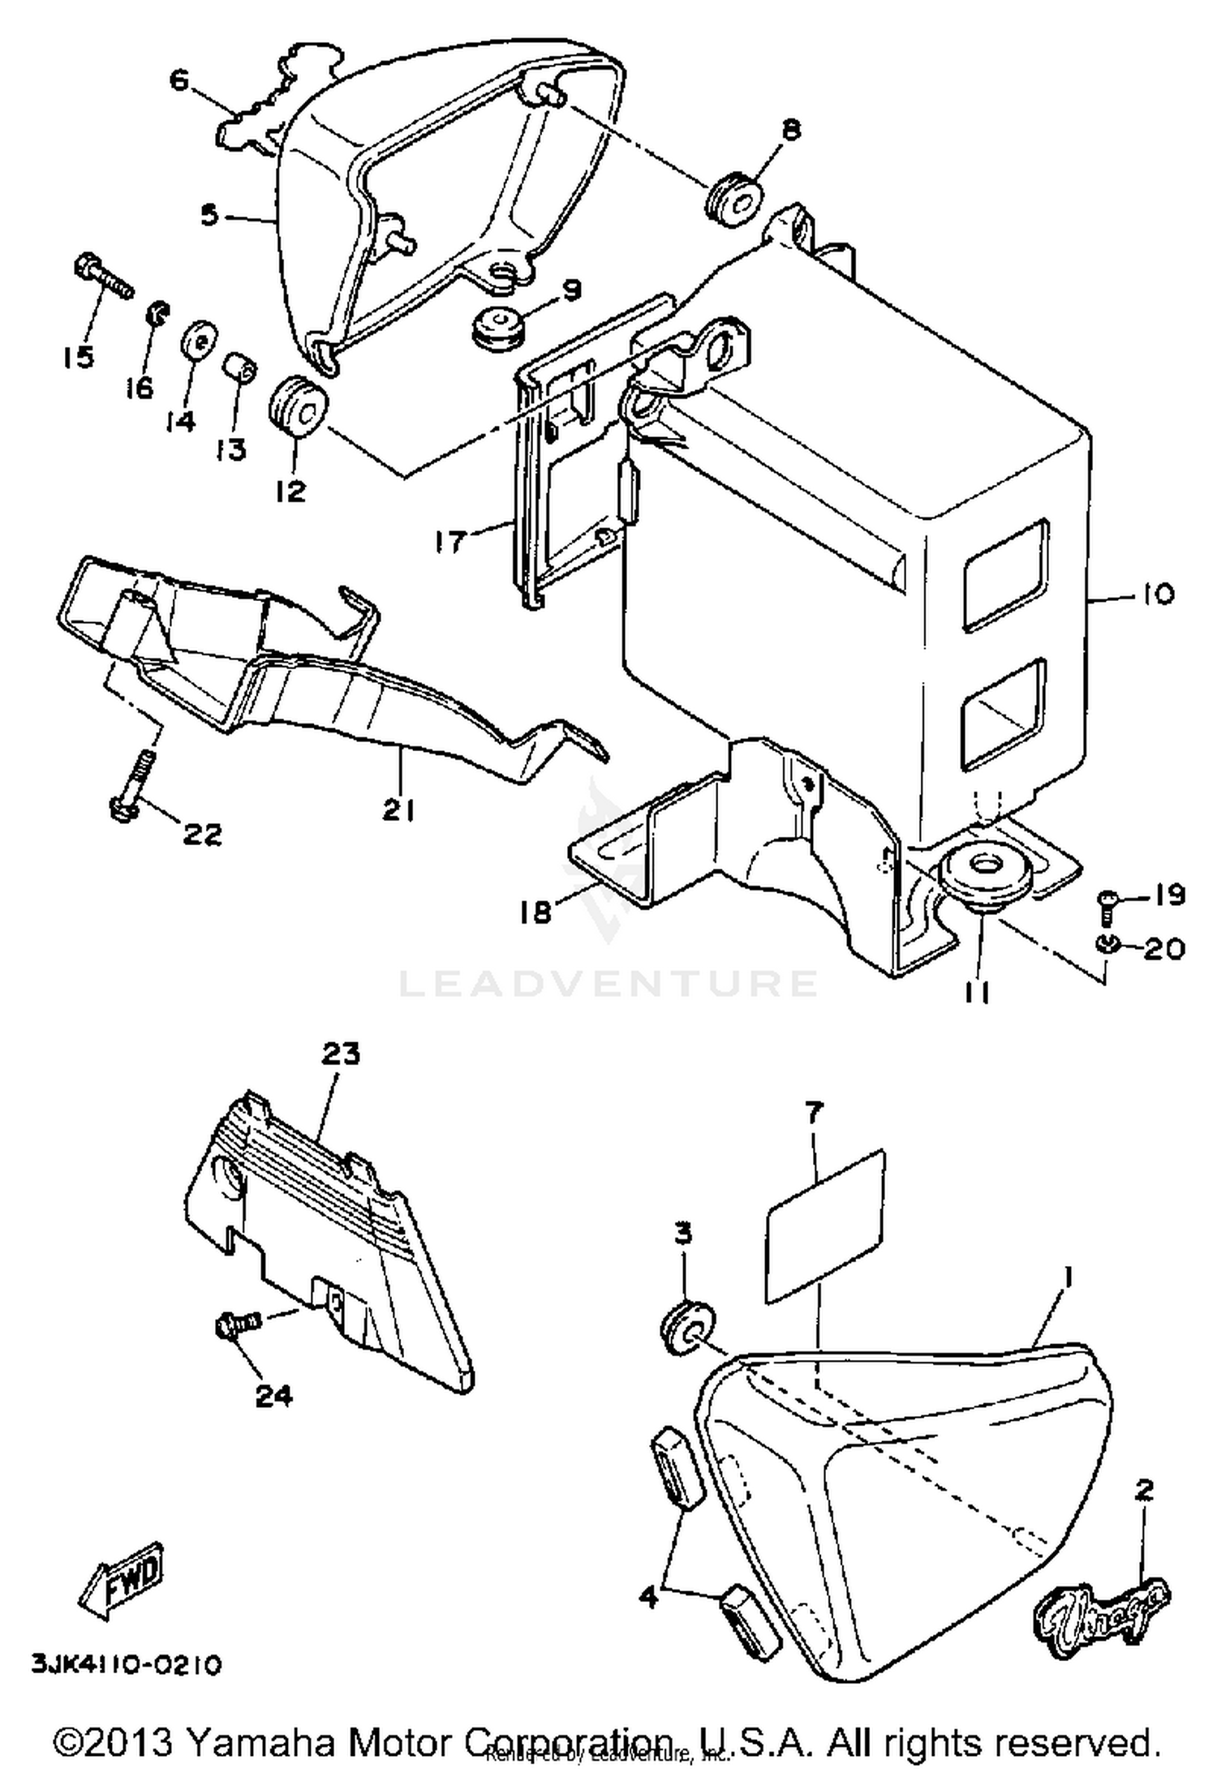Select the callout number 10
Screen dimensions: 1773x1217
click(1157, 595)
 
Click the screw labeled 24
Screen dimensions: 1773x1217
click(235, 1327)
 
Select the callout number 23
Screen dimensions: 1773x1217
click(340, 1054)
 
